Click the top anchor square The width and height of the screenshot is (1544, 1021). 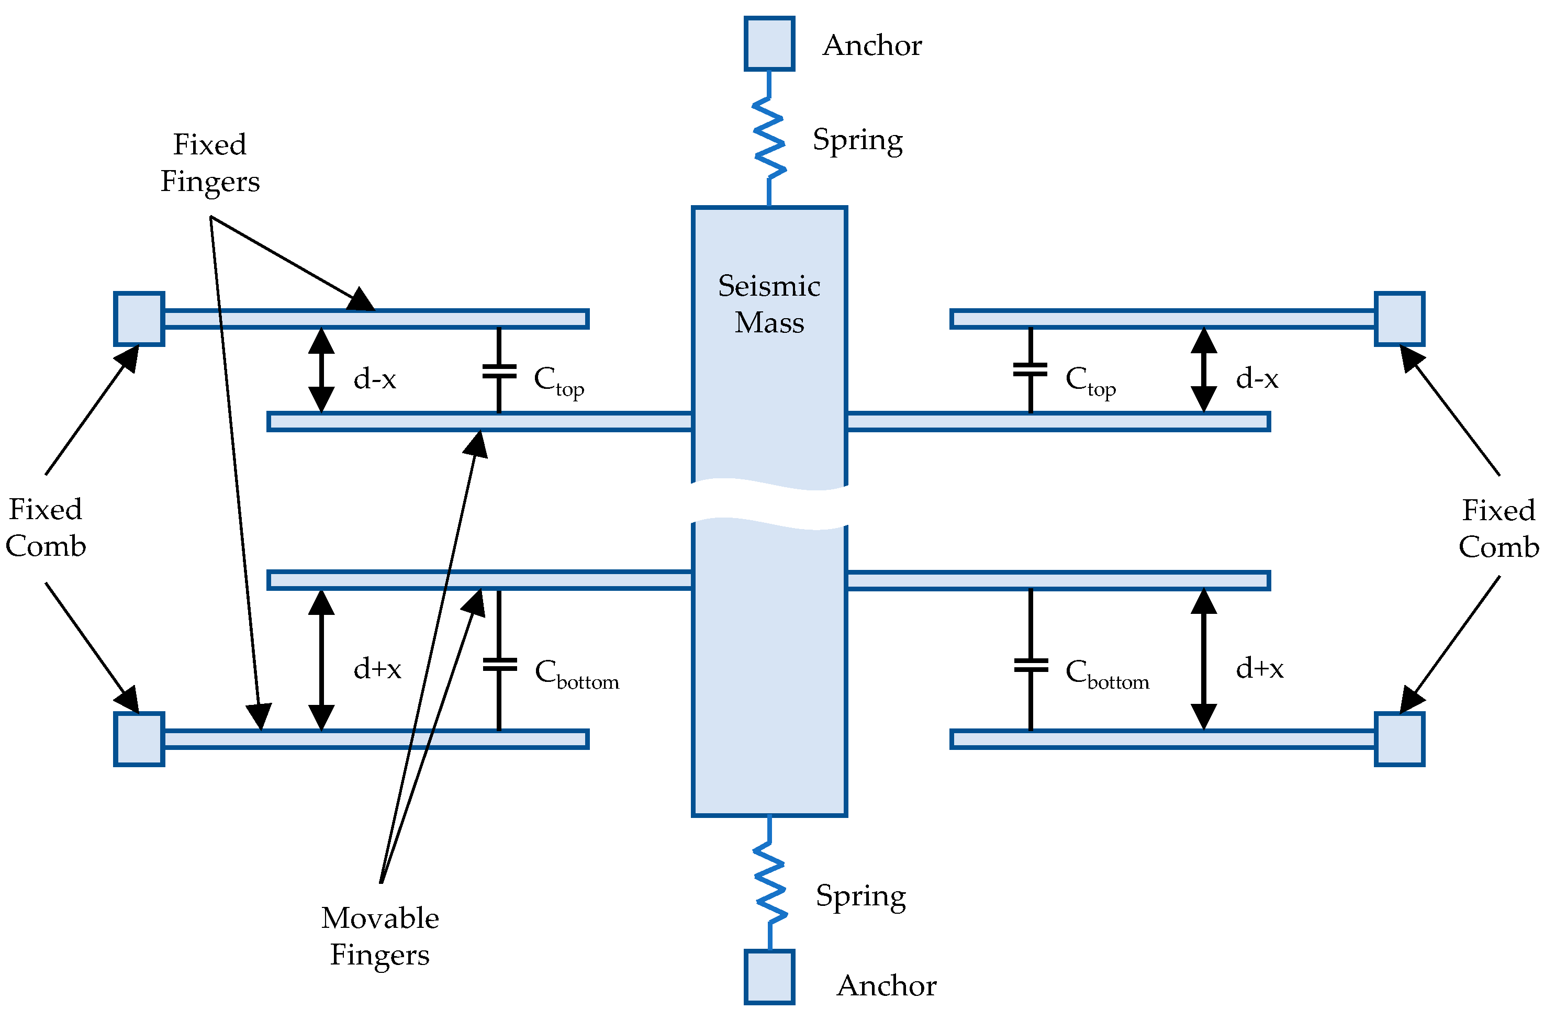point(769,43)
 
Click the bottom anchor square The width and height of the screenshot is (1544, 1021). point(769,977)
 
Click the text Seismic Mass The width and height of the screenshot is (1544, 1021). point(769,304)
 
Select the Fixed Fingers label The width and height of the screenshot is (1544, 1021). point(210,163)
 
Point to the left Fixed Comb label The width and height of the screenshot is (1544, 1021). point(46,528)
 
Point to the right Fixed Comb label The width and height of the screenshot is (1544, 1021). point(1498,528)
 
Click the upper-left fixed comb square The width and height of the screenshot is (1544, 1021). point(139,319)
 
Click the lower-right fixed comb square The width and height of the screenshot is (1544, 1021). point(1400,739)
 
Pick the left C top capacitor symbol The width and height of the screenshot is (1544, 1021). point(499,372)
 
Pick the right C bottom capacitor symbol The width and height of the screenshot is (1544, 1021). point(1031,665)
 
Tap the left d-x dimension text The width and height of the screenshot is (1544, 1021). point(374,378)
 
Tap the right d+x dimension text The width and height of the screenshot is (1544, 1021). point(1259,668)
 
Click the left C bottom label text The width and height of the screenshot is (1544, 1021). point(576,674)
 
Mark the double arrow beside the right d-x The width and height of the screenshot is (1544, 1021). point(1203,370)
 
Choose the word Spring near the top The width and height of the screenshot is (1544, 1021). point(858,140)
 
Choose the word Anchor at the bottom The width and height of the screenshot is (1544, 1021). point(886,985)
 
